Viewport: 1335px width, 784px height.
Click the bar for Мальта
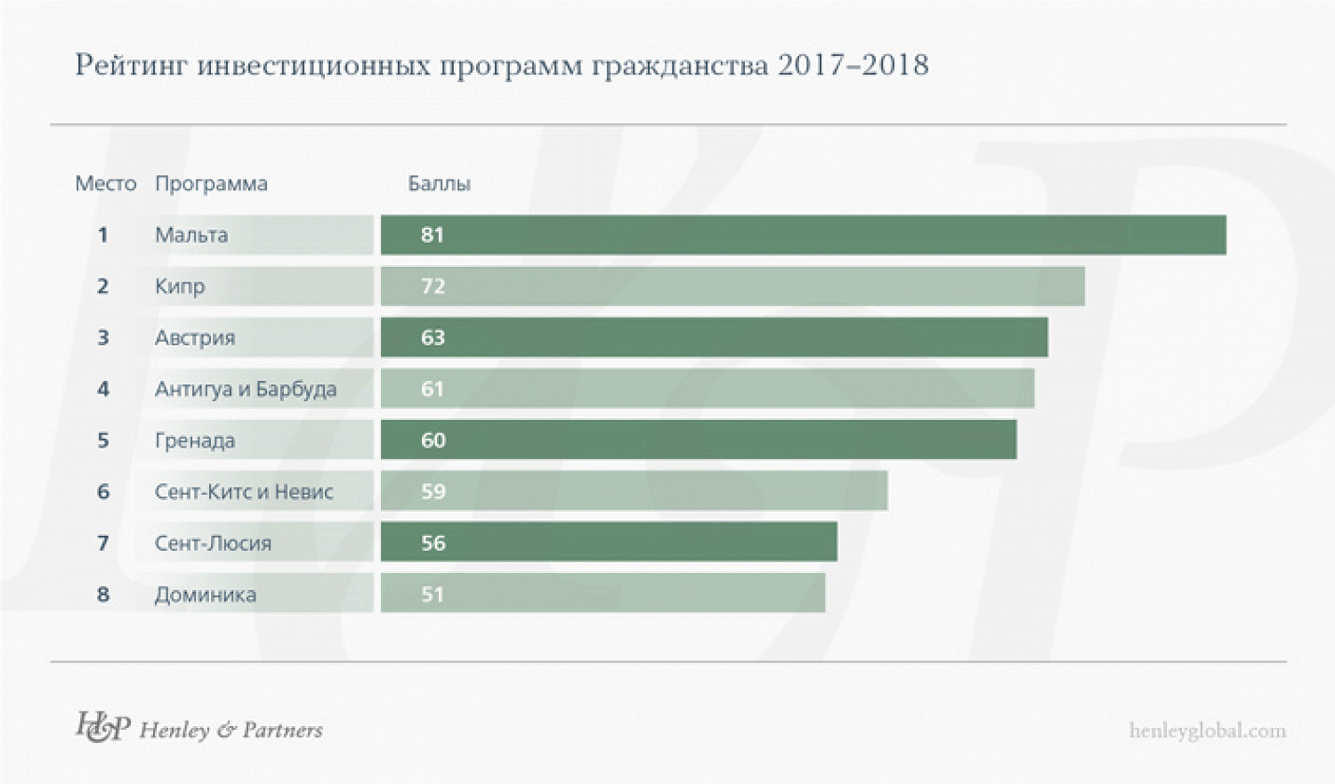click(803, 235)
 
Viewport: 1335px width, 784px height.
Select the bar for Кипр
click(732, 287)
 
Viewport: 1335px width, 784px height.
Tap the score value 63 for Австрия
click(433, 338)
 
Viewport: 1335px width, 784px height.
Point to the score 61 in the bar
click(433, 389)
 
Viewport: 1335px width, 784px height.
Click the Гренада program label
click(195, 440)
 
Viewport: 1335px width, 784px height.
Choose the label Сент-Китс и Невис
click(244, 492)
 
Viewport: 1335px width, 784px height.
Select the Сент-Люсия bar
click(609, 543)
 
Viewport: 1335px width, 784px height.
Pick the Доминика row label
click(206, 594)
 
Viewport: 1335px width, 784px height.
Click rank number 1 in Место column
click(103, 235)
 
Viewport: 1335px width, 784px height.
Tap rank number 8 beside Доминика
click(103, 594)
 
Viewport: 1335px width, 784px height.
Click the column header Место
click(106, 183)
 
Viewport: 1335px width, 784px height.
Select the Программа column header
click(211, 183)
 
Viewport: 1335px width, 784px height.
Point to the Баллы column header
click(439, 183)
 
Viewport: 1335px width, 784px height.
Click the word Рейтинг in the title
click(131, 65)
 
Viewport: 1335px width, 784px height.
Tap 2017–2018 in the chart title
click(854, 65)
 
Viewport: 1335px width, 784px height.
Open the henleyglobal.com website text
click(1207, 731)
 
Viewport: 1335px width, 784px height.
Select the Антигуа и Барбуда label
click(246, 389)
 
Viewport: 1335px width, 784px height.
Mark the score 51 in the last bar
click(433, 594)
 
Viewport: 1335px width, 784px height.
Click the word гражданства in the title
click(679, 65)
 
